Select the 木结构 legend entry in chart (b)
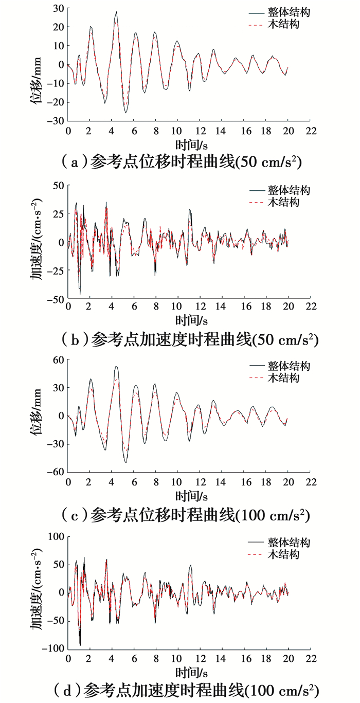coord(282,203)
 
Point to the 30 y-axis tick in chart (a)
coord(57,8)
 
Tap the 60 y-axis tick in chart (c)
coord(57,359)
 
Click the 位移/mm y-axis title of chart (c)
coord(38,415)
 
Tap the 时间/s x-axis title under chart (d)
coord(191,672)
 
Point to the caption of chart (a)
coord(180,161)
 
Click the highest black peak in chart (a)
coord(116,12)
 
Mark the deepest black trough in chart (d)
coord(80,645)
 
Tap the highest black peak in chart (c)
coord(116,367)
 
